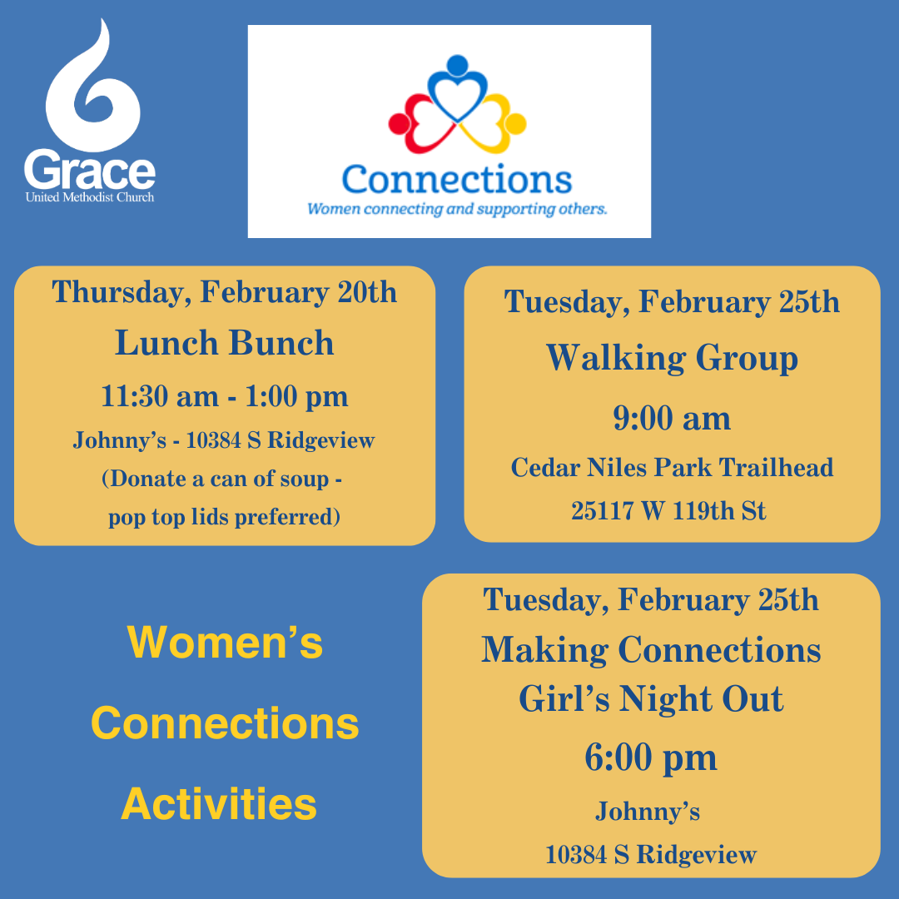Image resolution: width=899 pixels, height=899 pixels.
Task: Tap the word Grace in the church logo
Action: click(89, 170)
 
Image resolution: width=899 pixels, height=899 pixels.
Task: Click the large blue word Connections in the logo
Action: click(457, 180)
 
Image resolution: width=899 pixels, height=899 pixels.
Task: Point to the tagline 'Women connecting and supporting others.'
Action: click(457, 209)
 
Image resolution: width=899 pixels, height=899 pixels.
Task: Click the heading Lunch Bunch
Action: click(224, 343)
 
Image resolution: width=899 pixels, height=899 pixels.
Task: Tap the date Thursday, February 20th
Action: click(224, 292)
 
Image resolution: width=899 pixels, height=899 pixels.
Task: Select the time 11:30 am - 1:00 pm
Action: click(224, 397)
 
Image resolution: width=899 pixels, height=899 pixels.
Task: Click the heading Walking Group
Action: click(672, 358)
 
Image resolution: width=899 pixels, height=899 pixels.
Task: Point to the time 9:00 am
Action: click(672, 418)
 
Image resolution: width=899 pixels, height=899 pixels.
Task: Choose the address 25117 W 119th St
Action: click(668, 510)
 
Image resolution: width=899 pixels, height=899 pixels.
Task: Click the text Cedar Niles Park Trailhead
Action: click(672, 467)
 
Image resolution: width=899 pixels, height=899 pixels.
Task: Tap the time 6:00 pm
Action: click(651, 758)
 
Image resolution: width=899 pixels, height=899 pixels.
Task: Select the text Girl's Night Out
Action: click(651, 699)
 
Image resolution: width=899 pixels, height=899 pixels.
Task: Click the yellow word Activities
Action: click(218, 804)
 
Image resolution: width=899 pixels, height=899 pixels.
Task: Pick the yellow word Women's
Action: click(225, 642)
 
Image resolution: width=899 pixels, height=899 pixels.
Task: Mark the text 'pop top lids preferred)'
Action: click(224, 517)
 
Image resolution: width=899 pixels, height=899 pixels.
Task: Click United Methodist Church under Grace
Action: click(90, 197)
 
